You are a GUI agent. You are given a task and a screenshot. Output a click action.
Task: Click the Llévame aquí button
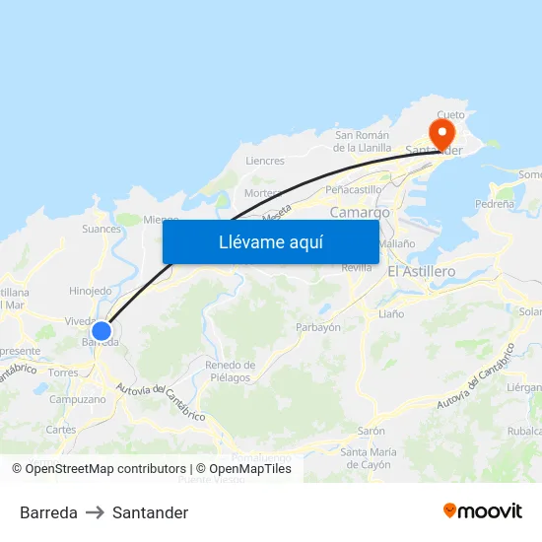(x=270, y=242)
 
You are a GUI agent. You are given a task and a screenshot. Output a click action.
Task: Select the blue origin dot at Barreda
(x=102, y=331)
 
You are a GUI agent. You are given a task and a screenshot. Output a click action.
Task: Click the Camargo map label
(x=360, y=212)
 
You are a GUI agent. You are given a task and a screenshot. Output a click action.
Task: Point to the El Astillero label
(x=421, y=271)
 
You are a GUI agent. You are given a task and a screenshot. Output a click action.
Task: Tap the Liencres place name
(x=264, y=161)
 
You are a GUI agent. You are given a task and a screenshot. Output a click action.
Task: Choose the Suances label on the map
(x=102, y=229)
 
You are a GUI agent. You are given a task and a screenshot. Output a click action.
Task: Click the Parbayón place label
(x=318, y=327)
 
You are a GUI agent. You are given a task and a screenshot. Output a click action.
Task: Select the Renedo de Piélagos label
(x=229, y=372)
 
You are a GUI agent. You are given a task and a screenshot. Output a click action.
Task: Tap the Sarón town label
(x=371, y=431)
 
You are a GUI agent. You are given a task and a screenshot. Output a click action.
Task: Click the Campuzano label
(x=77, y=400)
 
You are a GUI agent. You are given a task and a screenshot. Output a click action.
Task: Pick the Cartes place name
(x=60, y=430)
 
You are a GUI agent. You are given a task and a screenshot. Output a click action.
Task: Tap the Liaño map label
(x=391, y=313)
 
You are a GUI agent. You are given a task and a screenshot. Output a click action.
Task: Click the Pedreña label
(x=494, y=204)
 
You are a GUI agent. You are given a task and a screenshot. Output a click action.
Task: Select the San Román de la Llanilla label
(x=362, y=142)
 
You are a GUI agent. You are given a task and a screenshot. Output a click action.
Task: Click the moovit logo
(x=482, y=511)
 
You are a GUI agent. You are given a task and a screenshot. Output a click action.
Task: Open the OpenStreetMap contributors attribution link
(x=105, y=469)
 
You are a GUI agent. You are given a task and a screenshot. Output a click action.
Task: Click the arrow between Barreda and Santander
(x=95, y=512)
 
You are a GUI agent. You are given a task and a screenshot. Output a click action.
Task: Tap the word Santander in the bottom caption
(x=150, y=512)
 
